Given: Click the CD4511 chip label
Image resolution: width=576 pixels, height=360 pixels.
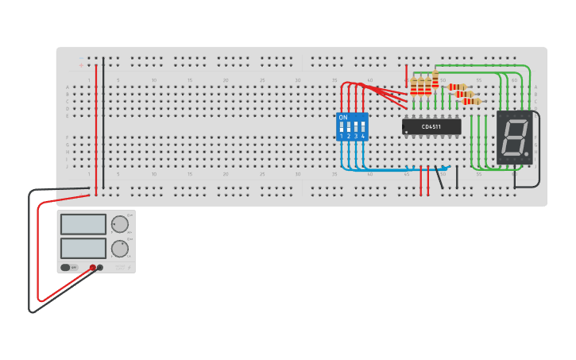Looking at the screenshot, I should [431, 126].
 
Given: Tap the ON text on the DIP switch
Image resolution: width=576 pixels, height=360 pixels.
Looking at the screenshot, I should [343, 118].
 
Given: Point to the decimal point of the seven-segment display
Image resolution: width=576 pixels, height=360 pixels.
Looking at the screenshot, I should [526, 153].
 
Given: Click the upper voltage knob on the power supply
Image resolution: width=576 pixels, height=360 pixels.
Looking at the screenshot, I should [119, 224].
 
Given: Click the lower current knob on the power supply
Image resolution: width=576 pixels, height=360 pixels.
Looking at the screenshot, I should [119, 249].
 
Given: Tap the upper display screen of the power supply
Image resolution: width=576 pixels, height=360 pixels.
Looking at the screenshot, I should [83, 224].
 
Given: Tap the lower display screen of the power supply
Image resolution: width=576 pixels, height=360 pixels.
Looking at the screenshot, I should [83, 248].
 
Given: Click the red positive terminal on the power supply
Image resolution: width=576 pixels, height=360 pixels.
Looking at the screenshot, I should [93, 268].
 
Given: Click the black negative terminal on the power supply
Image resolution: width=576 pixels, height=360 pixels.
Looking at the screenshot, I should [100, 268].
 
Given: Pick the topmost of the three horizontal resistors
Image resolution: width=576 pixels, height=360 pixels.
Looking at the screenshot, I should [458, 87].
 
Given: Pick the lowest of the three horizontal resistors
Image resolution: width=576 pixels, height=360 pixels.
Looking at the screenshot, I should [472, 102].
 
